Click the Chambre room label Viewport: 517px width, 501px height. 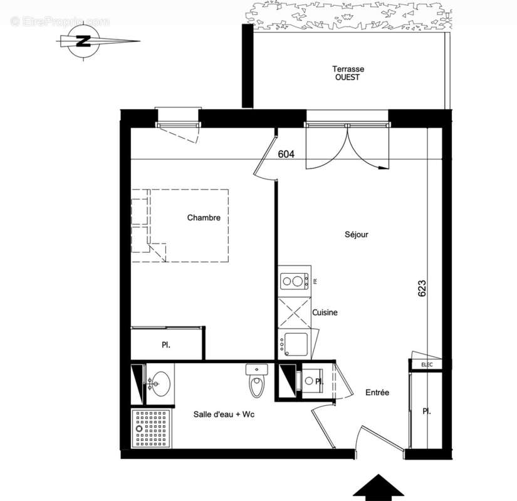[204, 218]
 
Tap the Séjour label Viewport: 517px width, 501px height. [356, 235]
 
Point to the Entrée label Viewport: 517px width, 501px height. [377, 393]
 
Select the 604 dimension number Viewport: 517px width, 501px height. [286, 154]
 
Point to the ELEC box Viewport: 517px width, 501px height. [427, 364]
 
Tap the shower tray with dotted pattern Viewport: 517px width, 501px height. [149, 428]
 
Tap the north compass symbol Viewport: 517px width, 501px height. [83, 42]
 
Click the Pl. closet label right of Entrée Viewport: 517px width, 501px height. [427, 411]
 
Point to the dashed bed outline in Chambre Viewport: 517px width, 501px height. [188, 225]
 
